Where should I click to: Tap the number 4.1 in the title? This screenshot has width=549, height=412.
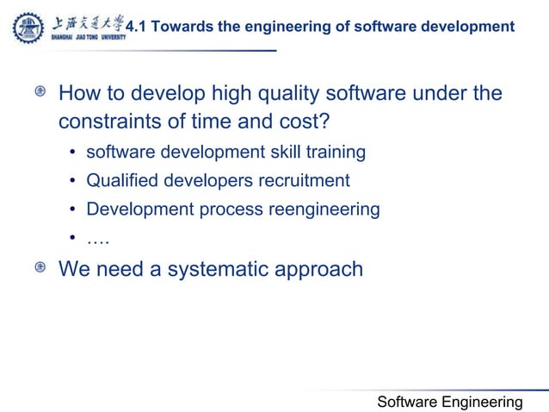[x=136, y=28]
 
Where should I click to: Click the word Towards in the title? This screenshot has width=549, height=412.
[x=179, y=28]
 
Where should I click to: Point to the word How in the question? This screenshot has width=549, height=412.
[x=78, y=93]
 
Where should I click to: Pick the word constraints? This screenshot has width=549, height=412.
[x=110, y=121]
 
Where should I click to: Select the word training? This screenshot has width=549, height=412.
[x=336, y=153]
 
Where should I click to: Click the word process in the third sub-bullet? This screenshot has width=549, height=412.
[x=232, y=209]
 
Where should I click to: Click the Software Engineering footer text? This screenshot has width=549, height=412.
[x=450, y=402]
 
